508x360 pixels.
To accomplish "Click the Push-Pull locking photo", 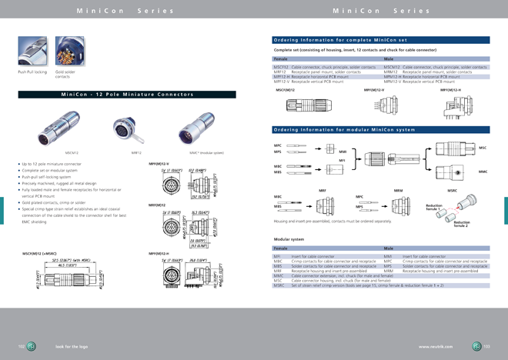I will click(32, 52).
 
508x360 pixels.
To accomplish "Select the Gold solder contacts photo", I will click(70, 52).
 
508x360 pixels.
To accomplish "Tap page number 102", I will click(22, 347).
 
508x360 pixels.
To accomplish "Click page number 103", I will click(486, 347).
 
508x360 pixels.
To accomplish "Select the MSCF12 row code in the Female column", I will click(281, 68).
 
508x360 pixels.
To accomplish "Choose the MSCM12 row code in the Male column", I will click(392, 68).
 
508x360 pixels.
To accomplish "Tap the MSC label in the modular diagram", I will click(483, 147).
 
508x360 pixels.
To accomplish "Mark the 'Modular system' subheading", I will click(288, 239).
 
